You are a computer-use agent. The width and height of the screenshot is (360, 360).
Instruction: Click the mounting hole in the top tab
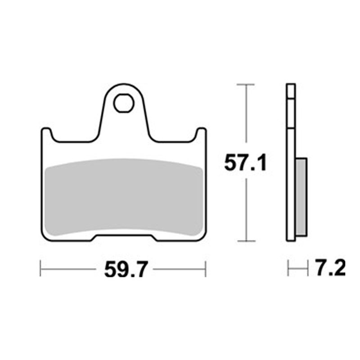click(123, 103)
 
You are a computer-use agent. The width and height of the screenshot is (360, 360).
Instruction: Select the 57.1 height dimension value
click(246, 163)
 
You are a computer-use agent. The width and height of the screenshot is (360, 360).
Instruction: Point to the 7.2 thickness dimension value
click(330, 269)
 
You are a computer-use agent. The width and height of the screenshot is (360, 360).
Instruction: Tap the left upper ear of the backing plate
click(46, 134)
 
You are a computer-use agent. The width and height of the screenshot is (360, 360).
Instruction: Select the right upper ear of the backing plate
click(201, 134)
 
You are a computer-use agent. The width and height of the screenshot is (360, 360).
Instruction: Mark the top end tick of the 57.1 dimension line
click(246, 84)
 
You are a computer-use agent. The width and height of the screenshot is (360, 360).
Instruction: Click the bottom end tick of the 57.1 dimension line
click(246, 241)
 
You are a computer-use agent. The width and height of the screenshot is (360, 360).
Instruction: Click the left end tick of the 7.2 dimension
click(288, 269)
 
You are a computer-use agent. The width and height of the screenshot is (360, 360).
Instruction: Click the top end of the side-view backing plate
click(291, 85)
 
